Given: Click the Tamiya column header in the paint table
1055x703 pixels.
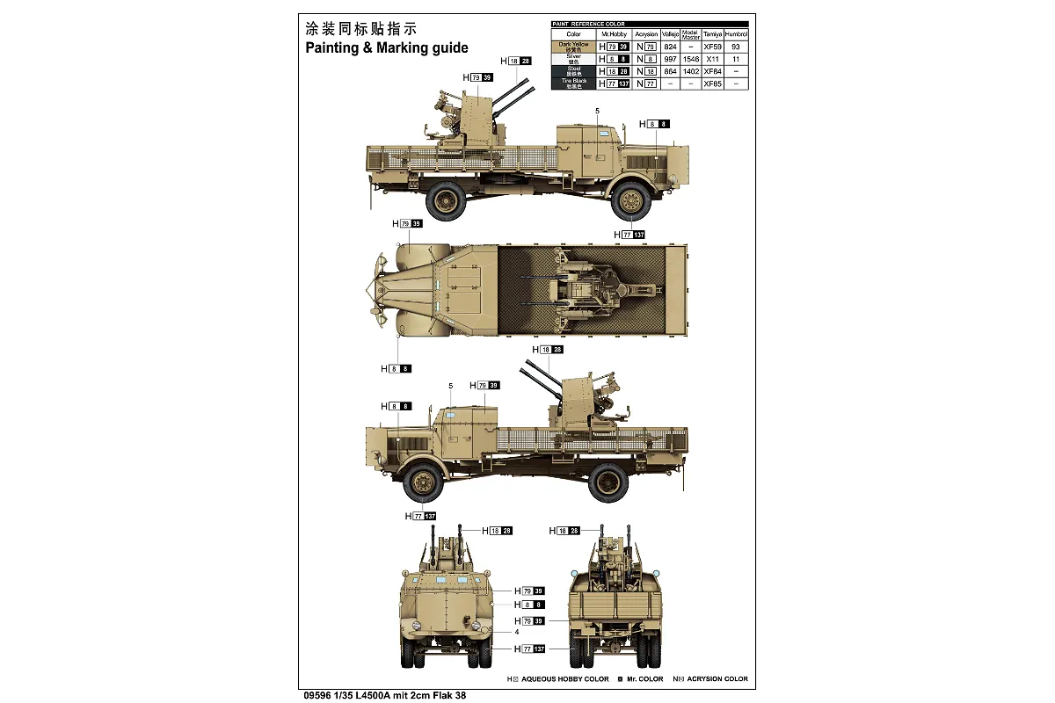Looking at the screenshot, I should pyautogui.click(x=713, y=34).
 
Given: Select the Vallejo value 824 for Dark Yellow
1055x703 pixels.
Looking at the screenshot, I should pyautogui.click(x=671, y=47).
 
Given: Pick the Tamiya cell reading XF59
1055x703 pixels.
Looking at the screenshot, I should pyautogui.click(x=713, y=47).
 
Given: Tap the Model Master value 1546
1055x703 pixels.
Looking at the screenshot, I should pyautogui.click(x=691, y=59).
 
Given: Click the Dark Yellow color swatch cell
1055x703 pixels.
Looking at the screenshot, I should pyautogui.click(x=573, y=47).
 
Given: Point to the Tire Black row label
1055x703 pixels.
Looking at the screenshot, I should pyautogui.click(x=573, y=83).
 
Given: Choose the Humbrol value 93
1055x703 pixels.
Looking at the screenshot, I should pyautogui.click(x=736, y=47).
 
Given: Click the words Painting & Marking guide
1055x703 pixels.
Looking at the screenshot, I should pyautogui.click(x=387, y=48).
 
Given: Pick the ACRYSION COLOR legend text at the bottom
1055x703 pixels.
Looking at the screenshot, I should pyautogui.click(x=717, y=678).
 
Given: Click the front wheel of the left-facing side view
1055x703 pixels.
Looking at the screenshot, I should pyautogui.click(x=424, y=481).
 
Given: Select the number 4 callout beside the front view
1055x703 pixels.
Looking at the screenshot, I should pyautogui.click(x=517, y=632).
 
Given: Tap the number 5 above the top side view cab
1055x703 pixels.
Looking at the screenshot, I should pyautogui.click(x=597, y=111).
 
